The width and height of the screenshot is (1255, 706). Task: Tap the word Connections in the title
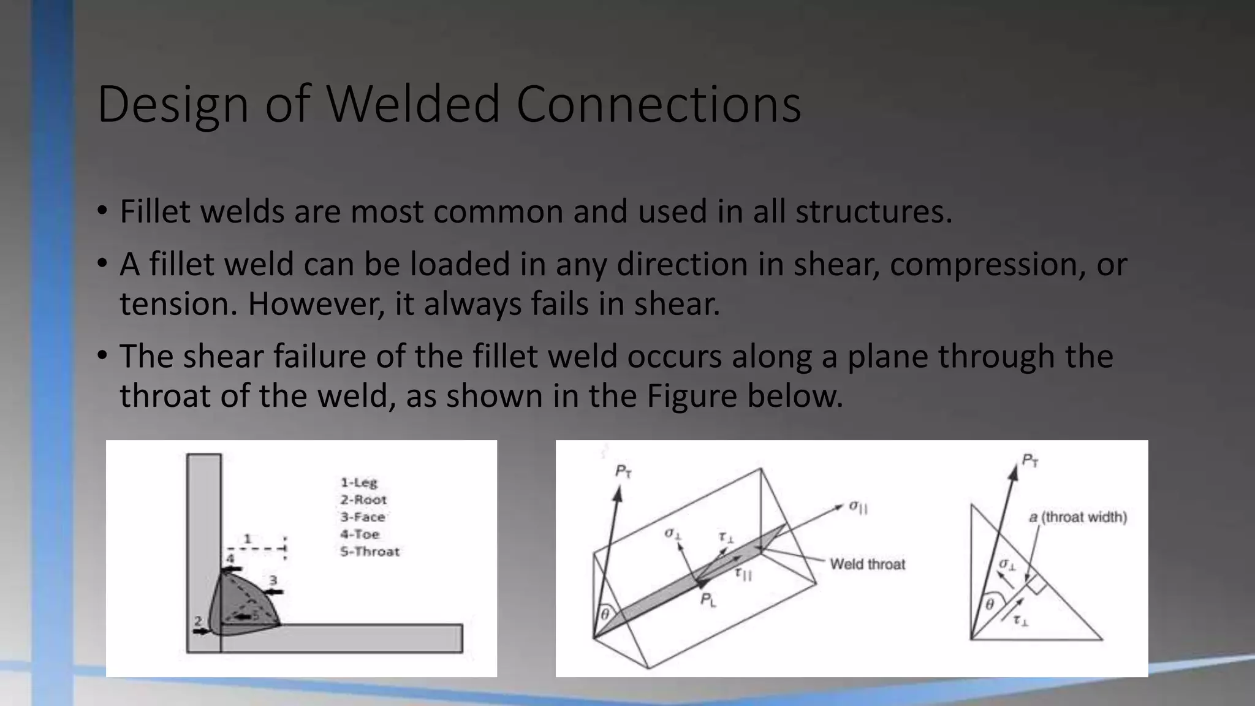click(x=658, y=104)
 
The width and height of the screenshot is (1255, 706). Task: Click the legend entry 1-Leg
click(x=359, y=482)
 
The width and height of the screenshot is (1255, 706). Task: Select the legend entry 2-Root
click(x=363, y=499)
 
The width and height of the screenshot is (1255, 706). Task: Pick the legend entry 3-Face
click(x=362, y=517)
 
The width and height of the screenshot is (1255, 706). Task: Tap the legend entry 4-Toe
click(x=360, y=534)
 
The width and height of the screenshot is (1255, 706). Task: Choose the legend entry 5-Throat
click(x=370, y=551)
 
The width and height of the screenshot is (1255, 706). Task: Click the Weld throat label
click(x=867, y=564)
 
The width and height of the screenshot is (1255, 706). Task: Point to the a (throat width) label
click(x=1078, y=517)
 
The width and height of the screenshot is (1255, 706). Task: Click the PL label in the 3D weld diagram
click(x=708, y=600)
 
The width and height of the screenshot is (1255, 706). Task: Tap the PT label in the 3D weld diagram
click(x=623, y=471)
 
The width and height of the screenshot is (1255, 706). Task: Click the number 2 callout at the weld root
click(x=198, y=621)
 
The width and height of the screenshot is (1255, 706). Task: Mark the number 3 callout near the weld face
click(x=273, y=580)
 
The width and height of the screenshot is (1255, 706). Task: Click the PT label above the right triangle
click(x=1030, y=460)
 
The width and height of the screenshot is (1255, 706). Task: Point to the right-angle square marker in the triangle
click(x=1036, y=584)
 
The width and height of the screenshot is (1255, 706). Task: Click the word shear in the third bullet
click(x=222, y=356)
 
